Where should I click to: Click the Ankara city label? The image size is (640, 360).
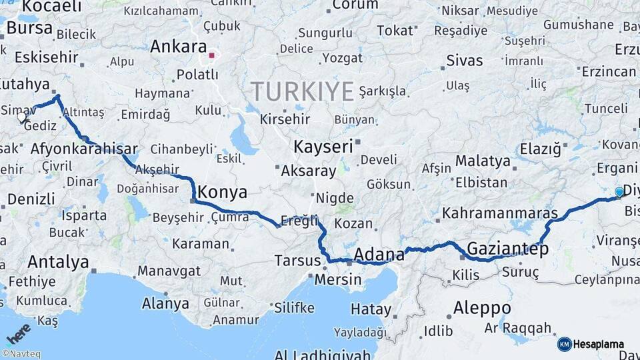click(178, 47)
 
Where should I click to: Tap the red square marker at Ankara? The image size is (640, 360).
click(213, 56)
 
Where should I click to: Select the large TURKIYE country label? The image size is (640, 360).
click(302, 91)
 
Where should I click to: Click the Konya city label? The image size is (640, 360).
click(223, 193)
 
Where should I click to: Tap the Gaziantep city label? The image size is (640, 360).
click(508, 249)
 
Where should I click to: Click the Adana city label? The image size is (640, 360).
click(379, 254)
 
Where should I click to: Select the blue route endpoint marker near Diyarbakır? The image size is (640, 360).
click(619, 192)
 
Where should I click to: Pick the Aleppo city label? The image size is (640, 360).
click(482, 308)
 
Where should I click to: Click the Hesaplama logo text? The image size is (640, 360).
click(599, 345)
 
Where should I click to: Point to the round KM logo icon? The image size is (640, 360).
click(564, 344)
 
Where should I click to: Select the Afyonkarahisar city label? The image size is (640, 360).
click(84, 149)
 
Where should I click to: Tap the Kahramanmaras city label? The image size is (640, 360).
click(499, 213)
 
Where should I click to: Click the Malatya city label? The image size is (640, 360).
click(483, 161)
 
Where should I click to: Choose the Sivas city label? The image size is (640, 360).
click(464, 61)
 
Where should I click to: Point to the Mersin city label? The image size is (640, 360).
click(337, 279)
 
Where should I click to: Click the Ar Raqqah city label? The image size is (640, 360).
click(518, 327)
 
